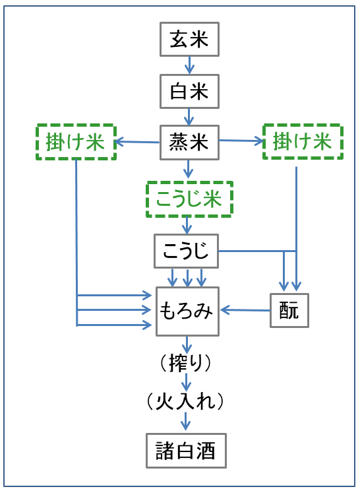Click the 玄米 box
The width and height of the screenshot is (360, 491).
189,39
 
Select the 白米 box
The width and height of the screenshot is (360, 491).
189,92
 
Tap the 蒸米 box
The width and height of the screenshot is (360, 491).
189,143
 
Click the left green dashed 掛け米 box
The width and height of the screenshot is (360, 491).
76,142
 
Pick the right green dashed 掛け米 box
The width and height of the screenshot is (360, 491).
303,141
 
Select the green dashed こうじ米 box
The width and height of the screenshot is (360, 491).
189,199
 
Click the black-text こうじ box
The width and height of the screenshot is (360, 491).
186,251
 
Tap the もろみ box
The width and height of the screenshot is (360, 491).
187,311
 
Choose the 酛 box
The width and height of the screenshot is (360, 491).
289,311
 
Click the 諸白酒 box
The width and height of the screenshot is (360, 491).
186,451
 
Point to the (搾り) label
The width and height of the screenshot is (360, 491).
186,363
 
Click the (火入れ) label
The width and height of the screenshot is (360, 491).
185,401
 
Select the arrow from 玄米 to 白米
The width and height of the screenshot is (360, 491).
189,65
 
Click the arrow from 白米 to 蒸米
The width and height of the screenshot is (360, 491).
189,117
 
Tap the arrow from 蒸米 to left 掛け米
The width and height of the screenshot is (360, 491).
138,142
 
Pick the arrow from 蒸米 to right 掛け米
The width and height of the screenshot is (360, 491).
241,141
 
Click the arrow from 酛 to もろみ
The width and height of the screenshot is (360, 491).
245,310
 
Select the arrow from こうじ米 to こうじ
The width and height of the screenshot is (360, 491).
187,226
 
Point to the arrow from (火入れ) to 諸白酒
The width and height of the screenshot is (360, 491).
185,421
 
